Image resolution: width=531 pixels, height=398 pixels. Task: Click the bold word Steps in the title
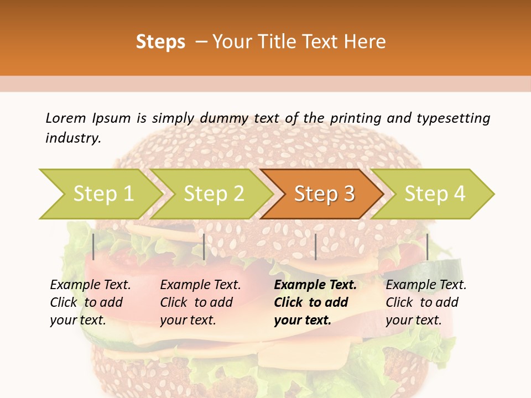point(160,42)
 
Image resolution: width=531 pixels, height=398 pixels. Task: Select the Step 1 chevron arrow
point(103,193)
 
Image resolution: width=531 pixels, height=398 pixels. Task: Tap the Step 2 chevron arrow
point(214,193)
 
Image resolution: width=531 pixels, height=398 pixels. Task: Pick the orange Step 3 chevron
point(324,193)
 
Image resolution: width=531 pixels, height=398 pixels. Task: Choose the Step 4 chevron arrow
point(435,193)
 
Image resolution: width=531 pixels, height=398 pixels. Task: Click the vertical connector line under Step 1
point(93,247)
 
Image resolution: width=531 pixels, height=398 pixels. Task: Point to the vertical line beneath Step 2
point(204,247)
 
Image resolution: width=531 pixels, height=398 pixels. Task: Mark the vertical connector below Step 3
point(315,247)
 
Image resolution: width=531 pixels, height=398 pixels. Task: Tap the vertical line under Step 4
point(427,247)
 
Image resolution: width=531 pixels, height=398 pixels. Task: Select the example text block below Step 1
point(90,302)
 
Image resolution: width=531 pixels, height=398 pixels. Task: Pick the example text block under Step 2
point(200,302)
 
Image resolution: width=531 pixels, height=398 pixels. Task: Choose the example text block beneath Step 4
point(426,302)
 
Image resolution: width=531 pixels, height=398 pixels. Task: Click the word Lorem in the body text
point(65,118)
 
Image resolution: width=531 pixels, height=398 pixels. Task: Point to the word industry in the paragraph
point(73,138)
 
